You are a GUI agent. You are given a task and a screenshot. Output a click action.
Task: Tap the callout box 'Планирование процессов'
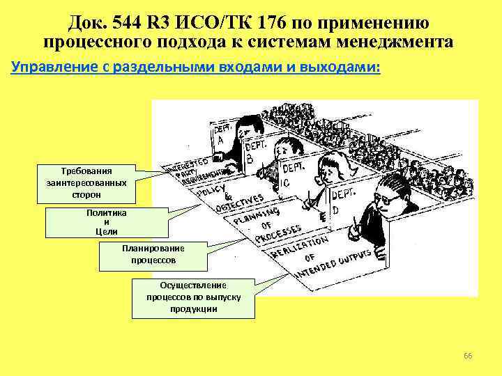(153, 256)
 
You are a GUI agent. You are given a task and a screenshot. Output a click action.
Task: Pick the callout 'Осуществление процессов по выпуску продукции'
(192, 297)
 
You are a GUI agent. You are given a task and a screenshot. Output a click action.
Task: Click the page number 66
(468, 357)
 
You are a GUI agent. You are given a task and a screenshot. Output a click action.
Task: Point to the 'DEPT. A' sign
(222, 134)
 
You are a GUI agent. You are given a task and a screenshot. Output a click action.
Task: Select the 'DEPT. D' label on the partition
(341, 201)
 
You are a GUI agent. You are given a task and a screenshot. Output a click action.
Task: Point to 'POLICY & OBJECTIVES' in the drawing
(230, 198)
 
